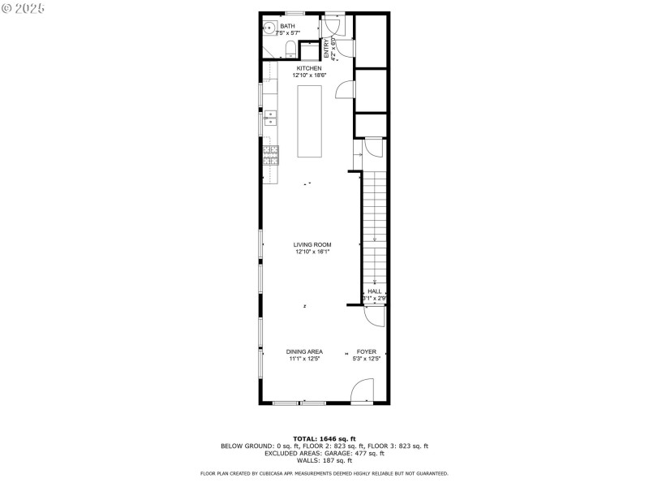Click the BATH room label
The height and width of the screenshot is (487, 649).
(x=288, y=26)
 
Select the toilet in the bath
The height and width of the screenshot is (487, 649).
(x=290, y=51)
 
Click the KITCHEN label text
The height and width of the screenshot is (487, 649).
(x=309, y=68)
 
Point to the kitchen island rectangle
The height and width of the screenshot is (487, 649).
(x=310, y=121)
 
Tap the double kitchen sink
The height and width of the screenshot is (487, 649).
(x=271, y=123)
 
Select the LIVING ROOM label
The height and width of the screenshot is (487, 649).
(x=312, y=244)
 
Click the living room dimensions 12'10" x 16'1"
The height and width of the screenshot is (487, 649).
(x=312, y=252)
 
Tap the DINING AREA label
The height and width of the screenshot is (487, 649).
(x=304, y=351)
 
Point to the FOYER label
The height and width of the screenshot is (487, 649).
(x=367, y=351)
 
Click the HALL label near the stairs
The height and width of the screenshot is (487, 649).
(x=374, y=291)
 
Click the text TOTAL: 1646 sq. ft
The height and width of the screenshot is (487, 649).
(x=324, y=439)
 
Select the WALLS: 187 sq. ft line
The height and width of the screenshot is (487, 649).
(x=324, y=460)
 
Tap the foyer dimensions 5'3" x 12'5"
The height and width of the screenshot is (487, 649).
(x=367, y=359)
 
